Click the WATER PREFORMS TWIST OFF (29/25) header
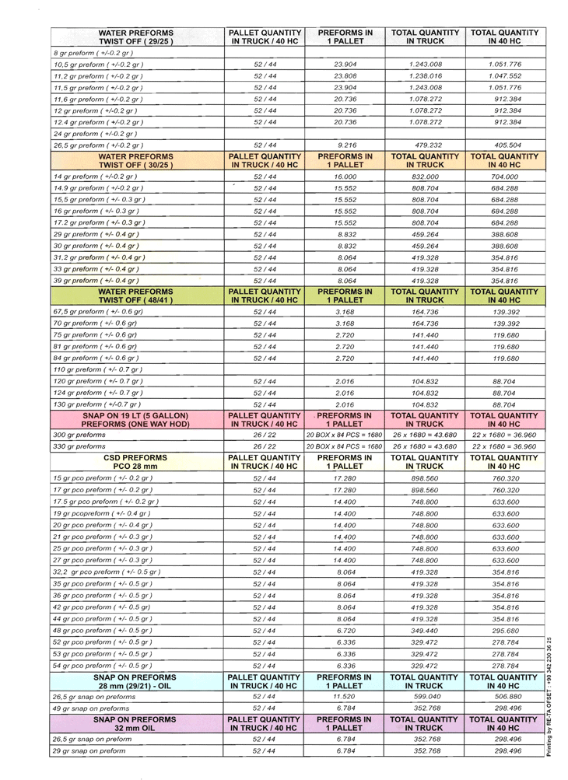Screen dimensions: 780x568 (x=136, y=37)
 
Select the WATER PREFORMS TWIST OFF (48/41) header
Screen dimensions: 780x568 (x=136, y=296)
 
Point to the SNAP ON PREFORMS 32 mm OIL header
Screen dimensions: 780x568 (x=136, y=724)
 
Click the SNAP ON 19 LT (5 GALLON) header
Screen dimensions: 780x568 (x=136, y=420)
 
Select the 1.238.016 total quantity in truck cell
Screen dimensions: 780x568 (x=425, y=76)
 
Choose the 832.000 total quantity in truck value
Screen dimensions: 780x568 (x=425, y=177)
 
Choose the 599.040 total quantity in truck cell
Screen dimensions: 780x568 (x=425, y=697)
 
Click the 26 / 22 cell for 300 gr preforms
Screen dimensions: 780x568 (x=265, y=435)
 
